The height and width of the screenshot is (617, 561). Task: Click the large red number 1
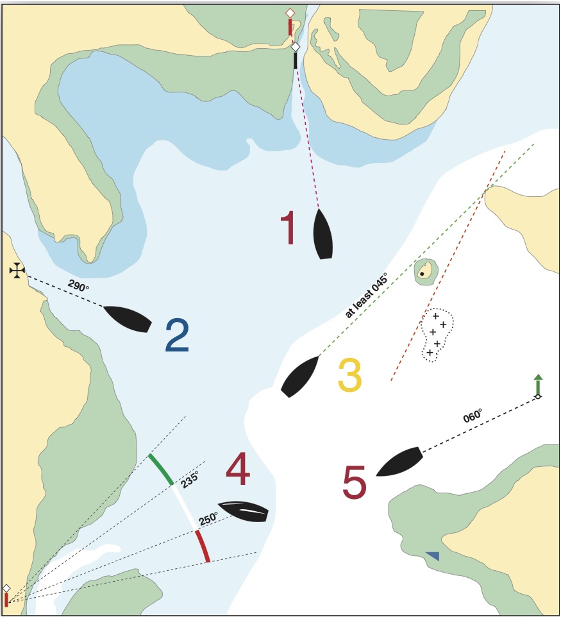pyautogui.click(x=289, y=229)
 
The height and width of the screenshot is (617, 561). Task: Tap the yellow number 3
pyautogui.click(x=350, y=375)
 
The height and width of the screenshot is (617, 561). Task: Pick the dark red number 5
pyautogui.click(x=355, y=483)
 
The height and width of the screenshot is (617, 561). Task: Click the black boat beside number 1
pyautogui.click(x=322, y=234)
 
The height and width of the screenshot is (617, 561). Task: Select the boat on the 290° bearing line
pyautogui.click(x=128, y=318)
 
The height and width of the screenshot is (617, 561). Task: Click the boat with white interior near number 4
pyautogui.click(x=243, y=511)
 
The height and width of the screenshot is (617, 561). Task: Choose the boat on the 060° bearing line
pyautogui.click(x=399, y=462)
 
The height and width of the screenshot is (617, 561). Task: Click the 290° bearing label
pyautogui.click(x=78, y=286)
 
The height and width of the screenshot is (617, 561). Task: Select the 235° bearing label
pyautogui.click(x=189, y=479)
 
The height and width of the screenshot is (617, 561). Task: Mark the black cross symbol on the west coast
pyautogui.click(x=17, y=271)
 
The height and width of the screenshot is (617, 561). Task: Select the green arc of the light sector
pyautogui.click(x=160, y=469)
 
